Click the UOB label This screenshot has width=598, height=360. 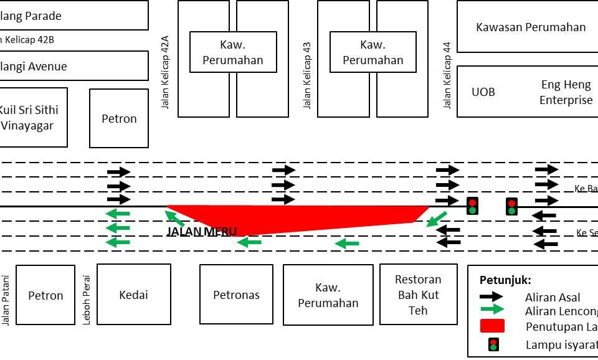[483, 92]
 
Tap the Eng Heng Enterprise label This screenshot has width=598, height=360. [566, 92]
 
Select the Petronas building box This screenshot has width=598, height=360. [236, 295]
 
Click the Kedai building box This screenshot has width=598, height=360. [133, 295]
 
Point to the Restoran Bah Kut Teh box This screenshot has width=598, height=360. [418, 295]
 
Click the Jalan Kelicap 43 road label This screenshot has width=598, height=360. [307, 75]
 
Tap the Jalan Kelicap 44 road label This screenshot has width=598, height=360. [447, 75]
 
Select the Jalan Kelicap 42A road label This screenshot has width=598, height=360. [165, 72]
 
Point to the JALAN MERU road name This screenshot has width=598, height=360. [202, 232]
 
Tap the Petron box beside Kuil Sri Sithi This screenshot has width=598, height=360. [119, 118]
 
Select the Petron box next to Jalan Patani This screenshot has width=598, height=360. [45, 295]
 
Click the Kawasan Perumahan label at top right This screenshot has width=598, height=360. [531, 27]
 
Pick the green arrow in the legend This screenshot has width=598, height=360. [491, 310]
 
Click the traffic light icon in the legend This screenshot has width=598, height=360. [493, 344]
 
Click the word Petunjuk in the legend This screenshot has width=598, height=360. [505, 280]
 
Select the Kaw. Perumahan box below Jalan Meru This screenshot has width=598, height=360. [328, 295]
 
